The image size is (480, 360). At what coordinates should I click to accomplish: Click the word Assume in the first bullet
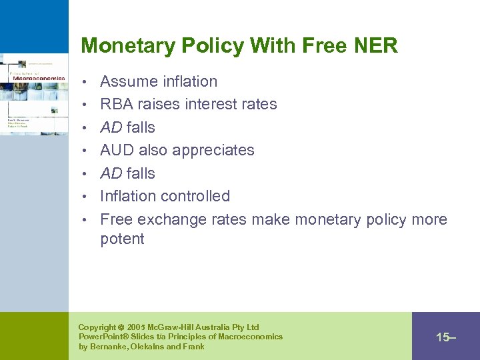tap(127, 81)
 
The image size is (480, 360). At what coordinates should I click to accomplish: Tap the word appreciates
tap(213, 150)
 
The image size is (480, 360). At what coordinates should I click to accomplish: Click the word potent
tap(122, 239)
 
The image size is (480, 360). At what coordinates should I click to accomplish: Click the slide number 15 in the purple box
tap(444, 337)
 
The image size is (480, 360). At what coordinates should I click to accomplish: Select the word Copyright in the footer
tap(97, 327)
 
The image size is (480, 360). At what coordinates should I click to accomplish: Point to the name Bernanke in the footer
tap(109, 347)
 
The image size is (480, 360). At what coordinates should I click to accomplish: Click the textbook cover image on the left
tap(34, 93)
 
